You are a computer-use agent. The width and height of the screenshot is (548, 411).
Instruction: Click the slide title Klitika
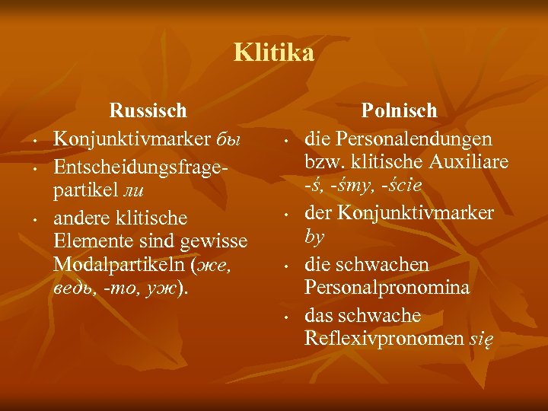tap(274, 53)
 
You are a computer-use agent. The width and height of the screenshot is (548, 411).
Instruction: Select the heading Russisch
tap(148, 111)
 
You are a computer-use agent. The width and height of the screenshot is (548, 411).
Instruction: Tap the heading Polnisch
tap(399, 111)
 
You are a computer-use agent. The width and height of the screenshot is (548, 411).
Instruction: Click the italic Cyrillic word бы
tap(228, 140)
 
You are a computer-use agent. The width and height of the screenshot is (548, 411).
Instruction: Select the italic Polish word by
tap(314, 237)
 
